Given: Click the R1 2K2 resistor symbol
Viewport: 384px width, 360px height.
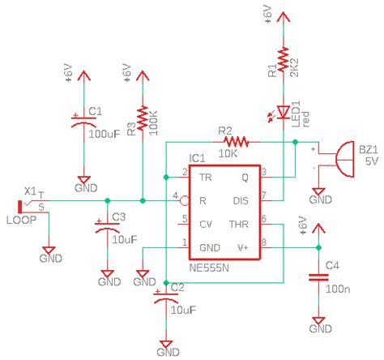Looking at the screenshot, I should [284, 58].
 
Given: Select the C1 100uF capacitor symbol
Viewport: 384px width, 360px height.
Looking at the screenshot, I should [82, 122].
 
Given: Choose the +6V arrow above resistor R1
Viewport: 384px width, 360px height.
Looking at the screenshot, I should [284, 18].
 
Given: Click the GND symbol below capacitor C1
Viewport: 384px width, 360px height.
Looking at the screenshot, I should [82, 183].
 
